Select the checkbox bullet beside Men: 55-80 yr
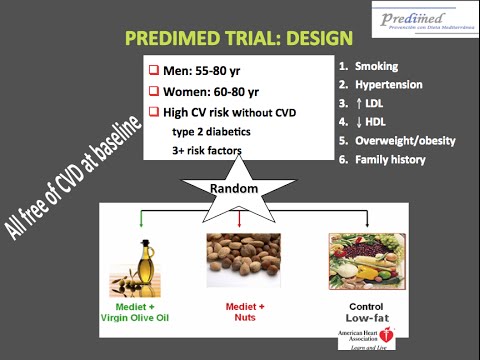click(x=154, y=73)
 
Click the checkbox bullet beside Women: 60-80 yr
click(x=154, y=92)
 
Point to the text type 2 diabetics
click(x=212, y=132)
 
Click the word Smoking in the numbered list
click(x=376, y=66)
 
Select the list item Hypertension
click(x=390, y=85)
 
